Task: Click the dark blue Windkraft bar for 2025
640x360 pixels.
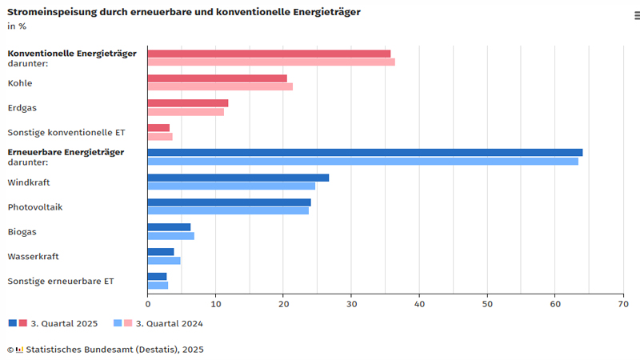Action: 238,178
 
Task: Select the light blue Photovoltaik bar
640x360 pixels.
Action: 228,211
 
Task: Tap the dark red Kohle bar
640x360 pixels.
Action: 218,78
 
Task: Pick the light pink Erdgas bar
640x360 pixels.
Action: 186,112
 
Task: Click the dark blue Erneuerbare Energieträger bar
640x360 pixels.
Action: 365,153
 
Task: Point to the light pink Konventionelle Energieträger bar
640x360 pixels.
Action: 271,62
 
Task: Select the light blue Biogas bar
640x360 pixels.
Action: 171,236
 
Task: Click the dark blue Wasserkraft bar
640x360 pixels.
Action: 161,252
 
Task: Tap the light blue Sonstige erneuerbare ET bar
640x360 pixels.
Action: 158,286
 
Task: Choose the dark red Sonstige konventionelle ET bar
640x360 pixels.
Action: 158,128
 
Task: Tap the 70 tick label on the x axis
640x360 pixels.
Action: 622,304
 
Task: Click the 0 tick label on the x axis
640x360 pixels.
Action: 148,304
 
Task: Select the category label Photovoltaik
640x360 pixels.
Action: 34,207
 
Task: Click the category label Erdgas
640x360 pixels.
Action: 22,108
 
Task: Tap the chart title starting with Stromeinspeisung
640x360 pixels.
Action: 183,12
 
